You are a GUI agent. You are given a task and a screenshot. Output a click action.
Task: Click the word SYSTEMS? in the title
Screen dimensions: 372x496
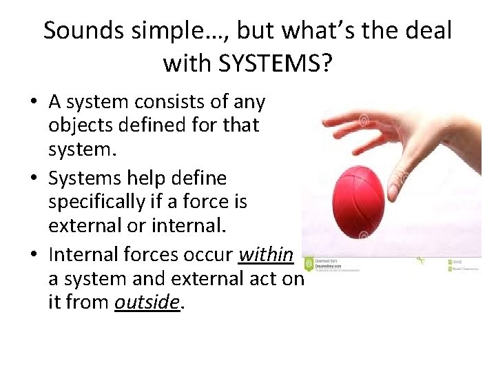click(275, 63)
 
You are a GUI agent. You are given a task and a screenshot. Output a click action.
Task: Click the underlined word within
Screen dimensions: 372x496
click(265, 255)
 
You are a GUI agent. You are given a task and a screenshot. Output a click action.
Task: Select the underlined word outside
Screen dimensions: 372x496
click(147, 301)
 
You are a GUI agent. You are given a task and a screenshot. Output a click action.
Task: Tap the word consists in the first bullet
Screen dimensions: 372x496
click(163, 102)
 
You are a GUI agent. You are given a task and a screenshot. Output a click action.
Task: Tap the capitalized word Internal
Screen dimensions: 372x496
click(82, 255)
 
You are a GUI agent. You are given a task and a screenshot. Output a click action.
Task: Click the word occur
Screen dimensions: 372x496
click(209, 255)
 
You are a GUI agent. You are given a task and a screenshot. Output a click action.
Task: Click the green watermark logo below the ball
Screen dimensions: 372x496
click(309, 263)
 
